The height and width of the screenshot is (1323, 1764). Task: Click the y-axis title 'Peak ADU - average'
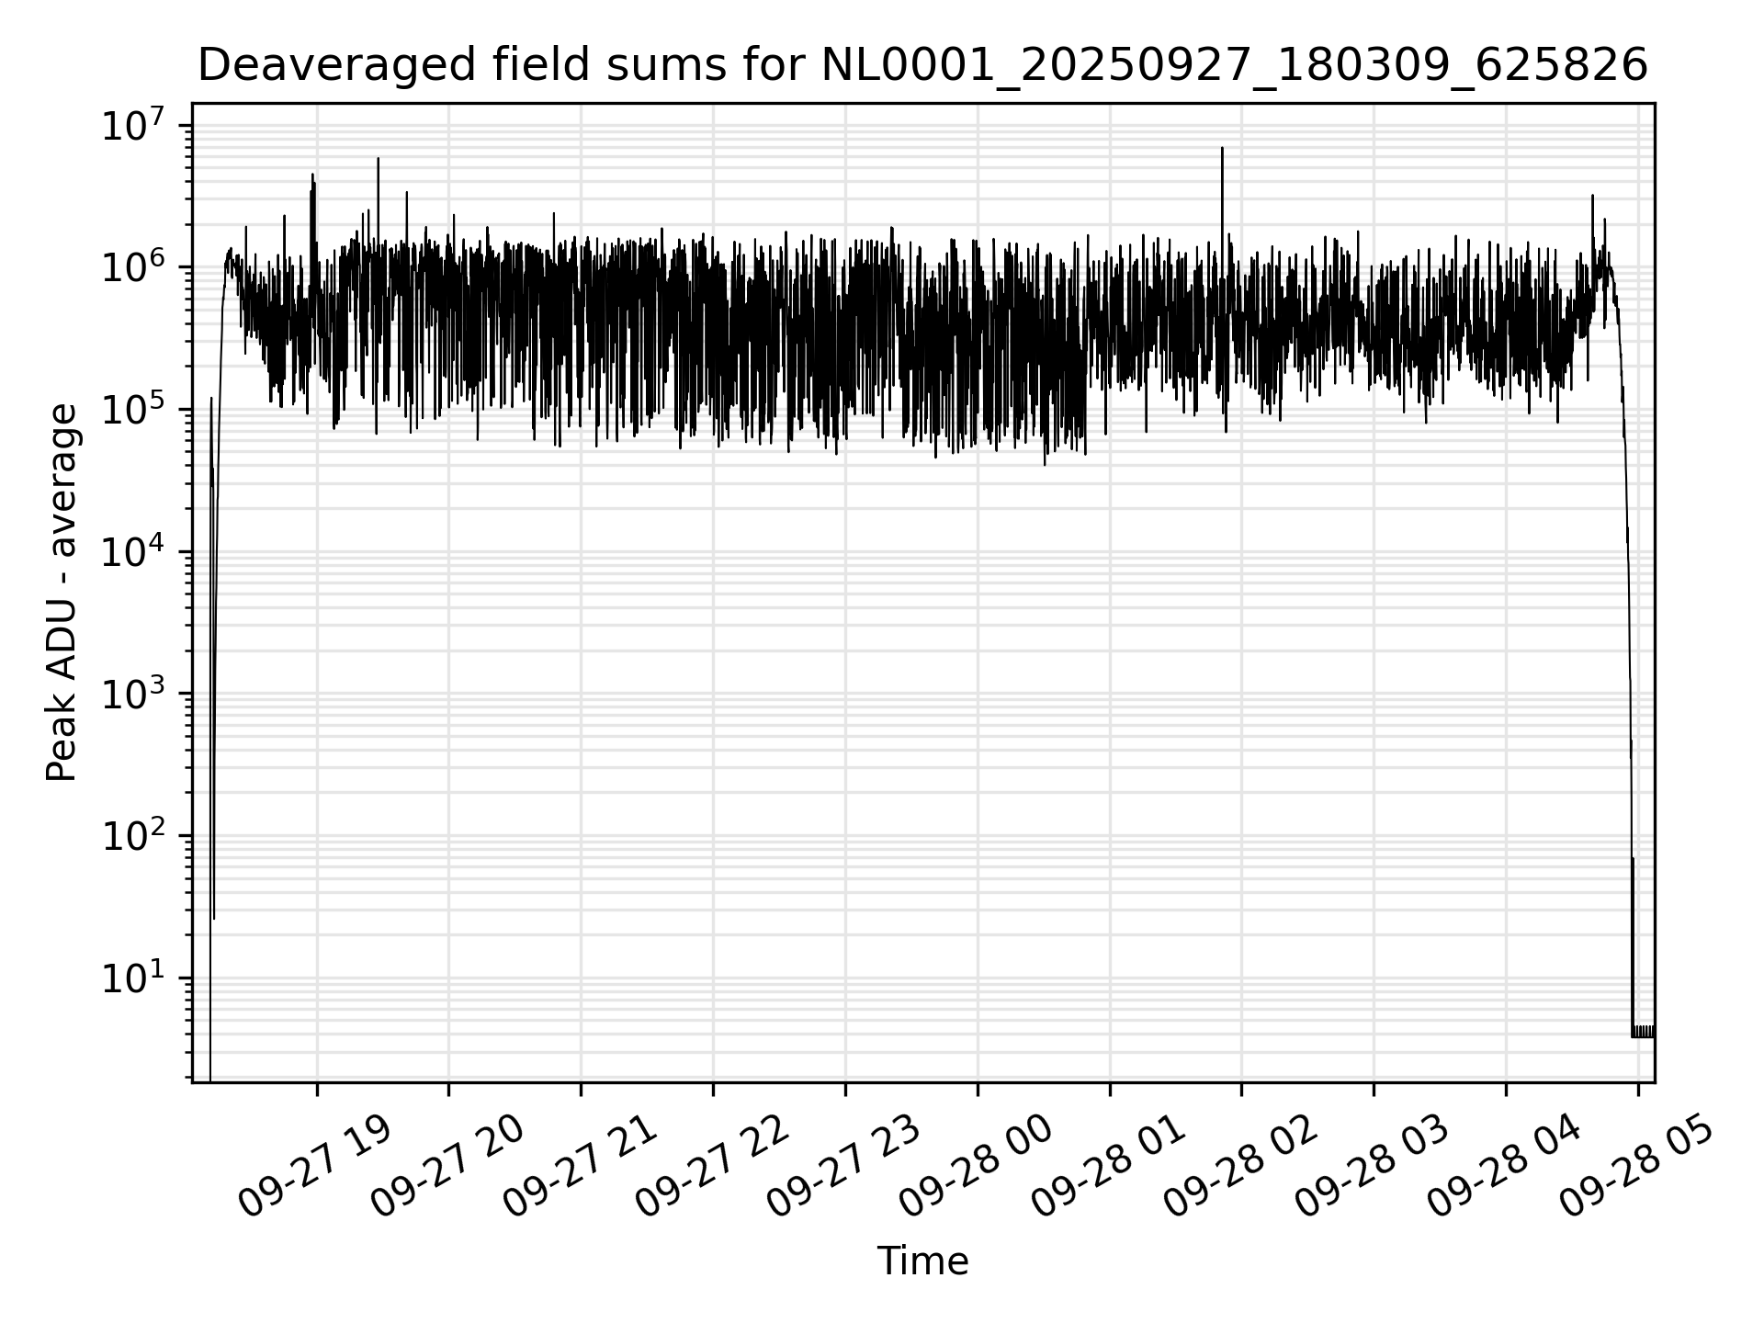click(62, 593)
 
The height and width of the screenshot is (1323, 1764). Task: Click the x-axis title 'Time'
click(922, 1261)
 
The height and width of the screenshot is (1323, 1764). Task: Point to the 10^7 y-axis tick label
click(133, 127)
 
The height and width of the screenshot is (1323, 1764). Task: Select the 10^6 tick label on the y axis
click(133, 268)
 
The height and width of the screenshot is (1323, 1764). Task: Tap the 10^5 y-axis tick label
click(133, 411)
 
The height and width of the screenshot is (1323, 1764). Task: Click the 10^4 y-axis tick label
click(133, 553)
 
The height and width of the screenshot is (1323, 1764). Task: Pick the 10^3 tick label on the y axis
click(133, 695)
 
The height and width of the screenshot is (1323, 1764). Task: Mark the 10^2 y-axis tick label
click(133, 837)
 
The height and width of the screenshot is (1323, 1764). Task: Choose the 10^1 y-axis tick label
click(133, 979)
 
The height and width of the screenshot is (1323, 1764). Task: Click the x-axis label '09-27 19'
click(314, 1168)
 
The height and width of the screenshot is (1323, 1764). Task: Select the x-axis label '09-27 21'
click(579, 1168)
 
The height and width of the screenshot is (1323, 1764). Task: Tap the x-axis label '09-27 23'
click(842, 1168)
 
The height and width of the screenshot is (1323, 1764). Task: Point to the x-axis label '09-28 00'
click(975, 1168)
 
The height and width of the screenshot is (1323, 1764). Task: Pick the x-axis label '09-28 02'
click(1239, 1168)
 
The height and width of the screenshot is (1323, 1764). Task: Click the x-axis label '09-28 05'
click(1635, 1168)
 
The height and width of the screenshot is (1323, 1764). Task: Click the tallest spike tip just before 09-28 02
click(1222, 148)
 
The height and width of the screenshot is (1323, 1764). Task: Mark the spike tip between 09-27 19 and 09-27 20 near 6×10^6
click(378, 158)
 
